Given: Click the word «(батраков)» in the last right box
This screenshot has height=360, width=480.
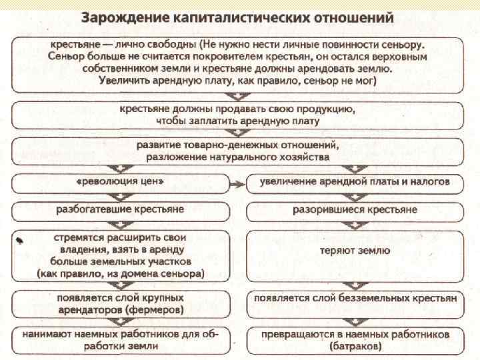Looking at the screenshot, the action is pos(355,347).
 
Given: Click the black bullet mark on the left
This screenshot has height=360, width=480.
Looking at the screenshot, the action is pos(21,239).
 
